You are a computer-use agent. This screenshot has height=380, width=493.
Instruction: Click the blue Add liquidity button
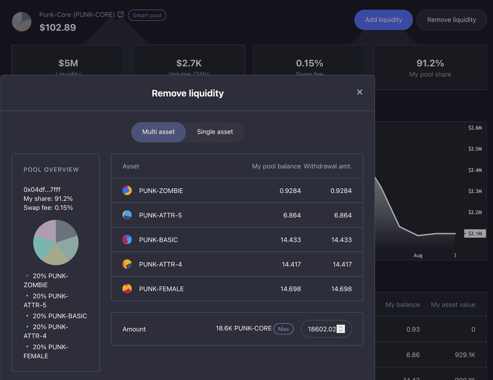tap(383, 20)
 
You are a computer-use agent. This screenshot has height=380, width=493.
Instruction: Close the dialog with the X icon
tap(360, 92)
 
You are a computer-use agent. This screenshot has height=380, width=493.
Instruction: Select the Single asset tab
tap(215, 132)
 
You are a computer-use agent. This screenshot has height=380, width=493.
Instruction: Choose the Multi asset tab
tap(158, 132)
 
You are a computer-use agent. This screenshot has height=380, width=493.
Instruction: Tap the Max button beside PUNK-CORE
tap(283, 329)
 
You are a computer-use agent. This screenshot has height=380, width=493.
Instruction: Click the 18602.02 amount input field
tap(322, 329)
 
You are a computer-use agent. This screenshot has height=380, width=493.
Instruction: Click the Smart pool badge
tap(147, 15)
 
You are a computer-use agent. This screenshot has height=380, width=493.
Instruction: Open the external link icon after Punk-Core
tap(121, 14)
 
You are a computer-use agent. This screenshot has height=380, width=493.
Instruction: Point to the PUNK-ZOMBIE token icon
tap(127, 191)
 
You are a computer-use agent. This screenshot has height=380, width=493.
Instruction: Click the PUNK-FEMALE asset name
tap(161, 289)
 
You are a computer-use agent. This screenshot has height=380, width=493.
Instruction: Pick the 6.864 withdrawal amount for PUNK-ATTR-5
tap(343, 215)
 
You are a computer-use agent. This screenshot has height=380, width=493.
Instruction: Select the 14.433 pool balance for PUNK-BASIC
tap(291, 240)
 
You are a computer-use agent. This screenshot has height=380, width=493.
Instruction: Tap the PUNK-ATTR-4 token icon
tap(127, 264)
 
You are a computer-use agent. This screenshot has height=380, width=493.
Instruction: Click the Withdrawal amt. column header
tap(328, 166)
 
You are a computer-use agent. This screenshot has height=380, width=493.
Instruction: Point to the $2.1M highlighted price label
tap(475, 233)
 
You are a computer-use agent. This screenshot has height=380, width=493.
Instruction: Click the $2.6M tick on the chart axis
tap(475, 128)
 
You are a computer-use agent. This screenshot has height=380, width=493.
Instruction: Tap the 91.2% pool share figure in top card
tap(430, 63)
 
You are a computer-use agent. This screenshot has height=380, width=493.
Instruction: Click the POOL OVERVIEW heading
tap(51, 170)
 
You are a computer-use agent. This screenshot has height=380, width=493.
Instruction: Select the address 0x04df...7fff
tap(42, 190)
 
